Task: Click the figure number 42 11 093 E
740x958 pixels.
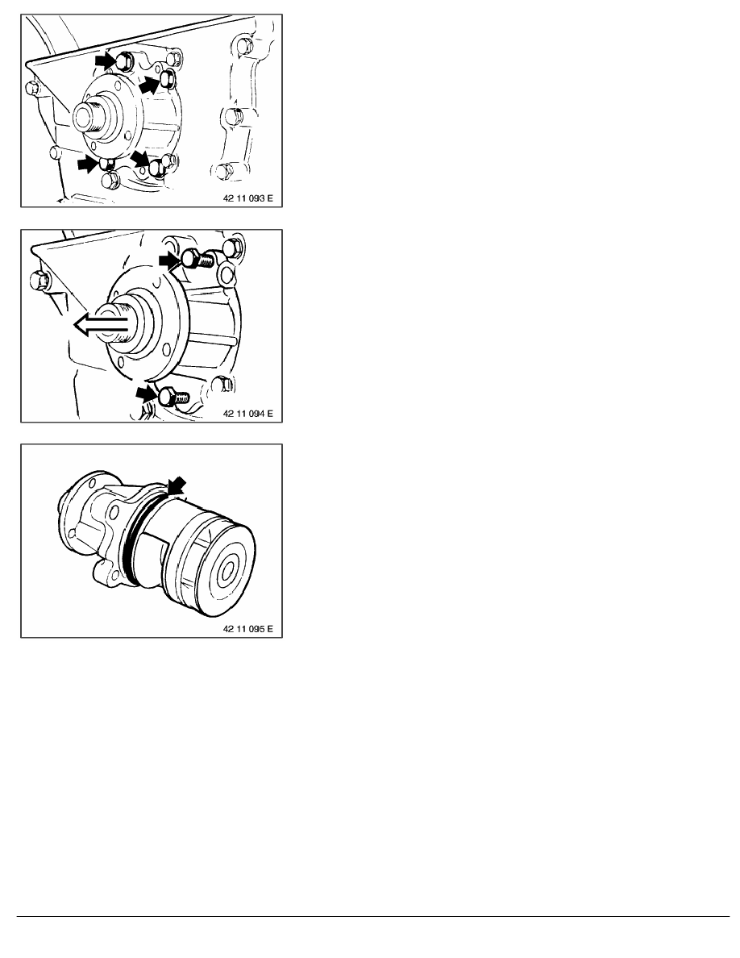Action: (x=248, y=198)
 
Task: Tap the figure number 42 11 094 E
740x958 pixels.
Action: (x=248, y=414)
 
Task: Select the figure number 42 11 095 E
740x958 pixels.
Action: (x=248, y=629)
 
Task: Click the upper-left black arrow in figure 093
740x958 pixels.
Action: (x=106, y=60)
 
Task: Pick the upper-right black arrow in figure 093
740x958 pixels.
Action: (x=151, y=85)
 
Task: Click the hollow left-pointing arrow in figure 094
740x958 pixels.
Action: (x=102, y=324)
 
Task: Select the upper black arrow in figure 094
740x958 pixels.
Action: (x=170, y=260)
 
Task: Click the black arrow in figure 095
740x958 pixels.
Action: (x=177, y=487)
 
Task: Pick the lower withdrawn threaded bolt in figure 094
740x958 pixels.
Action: (x=173, y=397)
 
